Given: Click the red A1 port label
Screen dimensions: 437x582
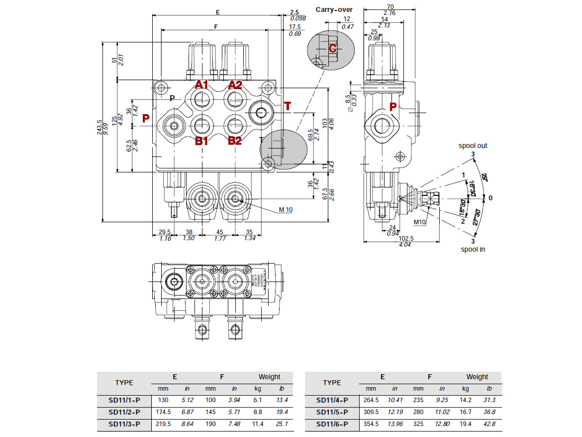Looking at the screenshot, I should tap(201, 85).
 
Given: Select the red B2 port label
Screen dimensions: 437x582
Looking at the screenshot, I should tap(234, 141).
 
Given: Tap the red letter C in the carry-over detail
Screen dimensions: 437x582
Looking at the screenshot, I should tap(333, 48).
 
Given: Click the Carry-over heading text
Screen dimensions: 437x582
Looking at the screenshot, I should tap(334, 9).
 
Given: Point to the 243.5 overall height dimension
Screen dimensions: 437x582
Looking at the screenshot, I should tap(99, 127).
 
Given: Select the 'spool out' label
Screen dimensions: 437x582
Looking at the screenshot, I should tap(473, 146).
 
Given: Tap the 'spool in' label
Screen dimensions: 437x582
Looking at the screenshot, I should tap(473, 249).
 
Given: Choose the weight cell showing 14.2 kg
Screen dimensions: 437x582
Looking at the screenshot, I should tap(465, 400).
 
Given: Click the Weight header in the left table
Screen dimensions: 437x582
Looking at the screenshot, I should tap(269, 377).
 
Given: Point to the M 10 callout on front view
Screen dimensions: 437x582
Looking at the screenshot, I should tap(286, 209).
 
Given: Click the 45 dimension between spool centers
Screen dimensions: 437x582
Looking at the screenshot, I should tap(220, 232).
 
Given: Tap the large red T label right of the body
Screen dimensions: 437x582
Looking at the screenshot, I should tap(287, 106).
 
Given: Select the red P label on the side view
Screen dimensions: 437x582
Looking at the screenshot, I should tap(393, 106).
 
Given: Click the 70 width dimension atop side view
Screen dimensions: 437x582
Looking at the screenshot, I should tap(389, 6).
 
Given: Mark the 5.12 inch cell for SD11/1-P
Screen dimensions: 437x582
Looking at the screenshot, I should tap(187, 400).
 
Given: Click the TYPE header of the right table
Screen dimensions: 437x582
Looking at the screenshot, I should tap(332, 383).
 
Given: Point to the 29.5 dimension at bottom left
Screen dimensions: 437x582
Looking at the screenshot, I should tap(165, 232).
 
